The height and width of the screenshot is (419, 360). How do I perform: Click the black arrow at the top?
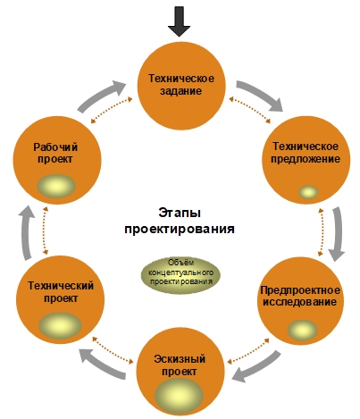pos(179,21)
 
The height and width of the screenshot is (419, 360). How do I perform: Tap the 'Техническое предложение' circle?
pos(306,160)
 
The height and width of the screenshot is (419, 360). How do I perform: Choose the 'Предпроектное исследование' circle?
pos(300,301)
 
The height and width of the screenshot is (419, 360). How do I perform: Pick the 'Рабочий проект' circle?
pos(56,160)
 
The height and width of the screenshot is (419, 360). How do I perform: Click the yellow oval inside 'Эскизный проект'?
pos(179,396)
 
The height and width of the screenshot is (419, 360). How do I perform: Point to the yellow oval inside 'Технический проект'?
pos(60,325)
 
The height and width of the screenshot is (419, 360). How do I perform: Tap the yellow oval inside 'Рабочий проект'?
pos(56,186)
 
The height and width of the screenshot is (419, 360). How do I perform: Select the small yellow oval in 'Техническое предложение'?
pos(308,192)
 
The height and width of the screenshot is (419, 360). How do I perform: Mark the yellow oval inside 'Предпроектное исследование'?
pos(303,330)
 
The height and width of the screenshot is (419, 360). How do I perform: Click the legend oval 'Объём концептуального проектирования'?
pos(180,274)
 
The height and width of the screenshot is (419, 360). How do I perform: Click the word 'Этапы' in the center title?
pos(180,213)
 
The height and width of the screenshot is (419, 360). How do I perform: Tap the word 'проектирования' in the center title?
pos(180,229)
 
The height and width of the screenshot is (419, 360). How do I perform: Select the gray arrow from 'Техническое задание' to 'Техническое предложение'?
pos(260,95)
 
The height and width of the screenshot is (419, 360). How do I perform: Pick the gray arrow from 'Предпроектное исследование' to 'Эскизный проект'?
pos(256,366)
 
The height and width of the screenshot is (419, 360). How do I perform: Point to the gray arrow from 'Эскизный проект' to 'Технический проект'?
pos(103,364)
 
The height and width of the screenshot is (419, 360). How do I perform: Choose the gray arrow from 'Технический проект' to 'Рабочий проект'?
pos(27,232)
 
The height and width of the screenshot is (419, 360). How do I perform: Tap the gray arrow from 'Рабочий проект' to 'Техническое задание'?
pos(102,96)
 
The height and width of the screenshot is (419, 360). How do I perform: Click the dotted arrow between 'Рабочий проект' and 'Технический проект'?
pos(46,231)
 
